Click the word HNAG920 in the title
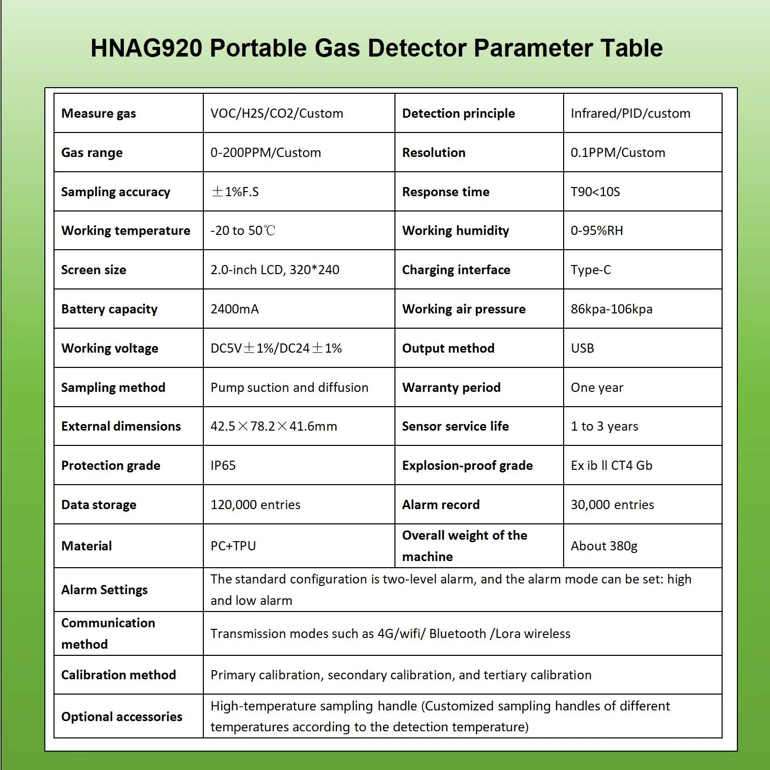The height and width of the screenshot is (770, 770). pyautogui.click(x=146, y=48)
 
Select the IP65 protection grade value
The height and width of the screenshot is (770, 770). pyautogui.click(x=223, y=465)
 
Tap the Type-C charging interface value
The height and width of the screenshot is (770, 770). pyautogui.click(x=591, y=270)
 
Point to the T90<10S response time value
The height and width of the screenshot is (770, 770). pyautogui.click(x=595, y=192)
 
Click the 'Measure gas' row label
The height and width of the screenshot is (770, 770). pyautogui.click(x=98, y=114)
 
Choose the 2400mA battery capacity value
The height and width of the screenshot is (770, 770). pyautogui.click(x=234, y=309)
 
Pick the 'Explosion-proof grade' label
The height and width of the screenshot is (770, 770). pyautogui.click(x=467, y=465)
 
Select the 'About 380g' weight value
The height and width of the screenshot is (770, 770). pyautogui.click(x=604, y=546)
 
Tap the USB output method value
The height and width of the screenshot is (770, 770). pyautogui.click(x=582, y=349)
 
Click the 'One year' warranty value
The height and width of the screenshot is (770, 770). pyautogui.click(x=597, y=388)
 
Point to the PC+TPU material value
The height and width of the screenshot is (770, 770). pyautogui.click(x=233, y=546)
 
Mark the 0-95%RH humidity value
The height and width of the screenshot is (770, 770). pyautogui.click(x=597, y=231)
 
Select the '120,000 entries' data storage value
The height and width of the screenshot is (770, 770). pyautogui.click(x=255, y=505)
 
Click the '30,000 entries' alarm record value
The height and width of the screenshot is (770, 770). pyautogui.click(x=612, y=505)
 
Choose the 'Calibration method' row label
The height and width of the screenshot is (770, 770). pyautogui.click(x=118, y=675)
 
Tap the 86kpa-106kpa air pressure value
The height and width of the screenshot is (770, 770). pyautogui.click(x=612, y=309)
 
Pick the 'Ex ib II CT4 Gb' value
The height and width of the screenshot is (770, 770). pyautogui.click(x=612, y=465)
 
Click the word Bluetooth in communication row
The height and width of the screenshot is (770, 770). pyautogui.click(x=458, y=633)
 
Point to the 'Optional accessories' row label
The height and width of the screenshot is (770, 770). pyautogui.click(x=121, y=716)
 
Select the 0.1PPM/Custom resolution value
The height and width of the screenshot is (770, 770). pyautogui.click(x=618, y=153)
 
